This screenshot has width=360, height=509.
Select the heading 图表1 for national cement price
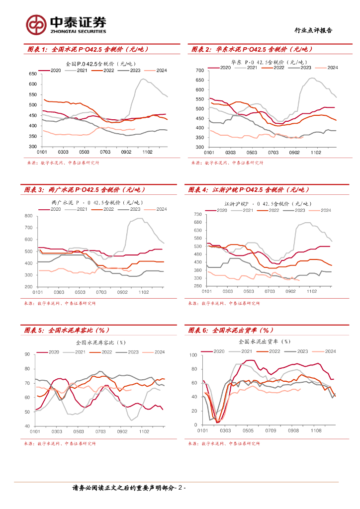click(88, 49)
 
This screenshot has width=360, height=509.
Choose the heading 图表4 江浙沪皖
click(249, 189)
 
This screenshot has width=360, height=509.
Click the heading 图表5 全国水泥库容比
click(67, 330)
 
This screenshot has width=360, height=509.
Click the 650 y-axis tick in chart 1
click(33, 74)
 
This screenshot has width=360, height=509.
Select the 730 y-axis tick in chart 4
click(197, 214)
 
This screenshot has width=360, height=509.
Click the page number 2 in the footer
click(181, 488)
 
